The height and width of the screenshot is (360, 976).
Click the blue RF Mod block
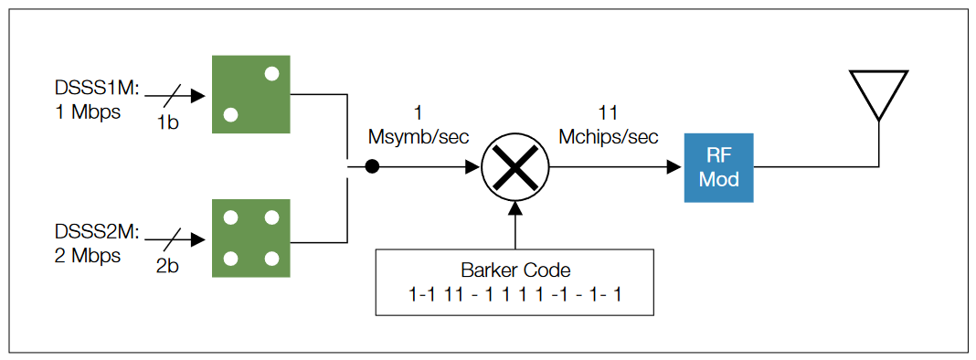(x=718, y=167)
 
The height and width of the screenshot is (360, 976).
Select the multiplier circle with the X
(x=515, y=167)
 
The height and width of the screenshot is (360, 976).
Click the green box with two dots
(x=251, y=94)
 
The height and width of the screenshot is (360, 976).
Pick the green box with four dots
(x=251, y=237)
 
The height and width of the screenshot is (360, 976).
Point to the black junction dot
(x=372, y=167)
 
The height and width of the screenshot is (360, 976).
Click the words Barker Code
(x=515, y=271)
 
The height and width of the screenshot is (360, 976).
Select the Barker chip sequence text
(x=515, y=295)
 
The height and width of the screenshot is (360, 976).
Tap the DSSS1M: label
(x=96, y=89)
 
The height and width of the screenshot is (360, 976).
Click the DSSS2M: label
(x=96, y=233)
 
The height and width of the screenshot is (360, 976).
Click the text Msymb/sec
(x=418, y=137)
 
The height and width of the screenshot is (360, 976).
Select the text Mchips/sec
(x=609, y=137)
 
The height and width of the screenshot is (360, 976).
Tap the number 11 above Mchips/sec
(x=608, y=114)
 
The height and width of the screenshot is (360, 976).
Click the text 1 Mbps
(x=88, y=111)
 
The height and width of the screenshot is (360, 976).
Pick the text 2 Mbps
(x=88, y=256)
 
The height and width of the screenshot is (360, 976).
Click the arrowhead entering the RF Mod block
(x=674, y=167)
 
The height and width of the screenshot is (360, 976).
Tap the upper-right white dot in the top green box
(x=271, y=73)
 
